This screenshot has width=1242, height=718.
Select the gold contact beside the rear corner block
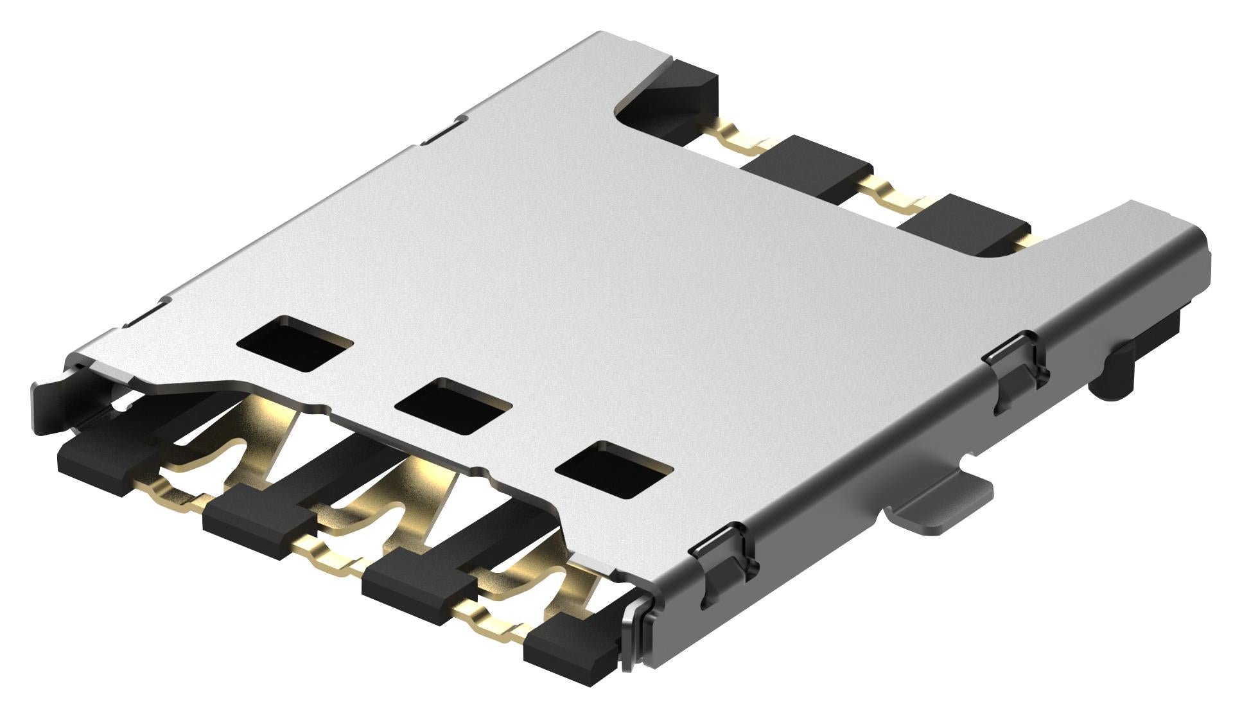[x=739, y=137]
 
